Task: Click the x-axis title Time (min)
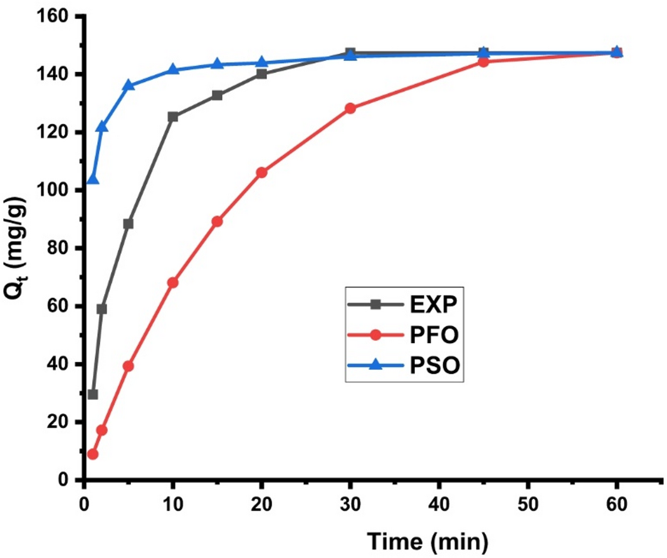click(x=426, y=539)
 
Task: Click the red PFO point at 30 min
click(x=350, y=108)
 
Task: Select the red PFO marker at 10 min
click(x=172, y=283)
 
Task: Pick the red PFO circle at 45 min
click(x=483, y=62)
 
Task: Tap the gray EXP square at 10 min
click(x=172, y=117)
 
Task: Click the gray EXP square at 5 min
click(x=128, y=224)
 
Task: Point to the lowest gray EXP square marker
click(x=93, y=394)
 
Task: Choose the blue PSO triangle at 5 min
click(x=128, y=85)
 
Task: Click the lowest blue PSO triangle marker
click(x=93, y=180)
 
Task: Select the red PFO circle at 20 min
click(x=261, y=172)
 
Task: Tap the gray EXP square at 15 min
click(x=217, y=95)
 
